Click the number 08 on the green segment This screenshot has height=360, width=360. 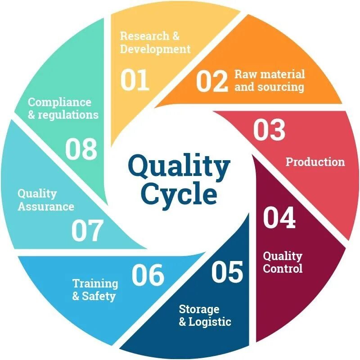pyautogui.click(x=81, y=149)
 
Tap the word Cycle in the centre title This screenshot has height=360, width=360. pyautogui.click(x=179, y=194)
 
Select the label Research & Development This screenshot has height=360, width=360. pyautogui.click(x=155, y=42)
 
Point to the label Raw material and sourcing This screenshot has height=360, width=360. pyautogui.click(x=270, y=80)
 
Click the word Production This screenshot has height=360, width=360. pyautogui.click(x=315, y=162)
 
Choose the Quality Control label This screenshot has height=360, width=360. pyautogui.click(x=283, y=262)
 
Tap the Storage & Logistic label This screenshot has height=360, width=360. pyautogui.click(x=205, y=315)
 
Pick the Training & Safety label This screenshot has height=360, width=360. pyautogui.click(x=95, y=290)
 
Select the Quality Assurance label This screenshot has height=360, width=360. pyautogui.click(x=45, y=200)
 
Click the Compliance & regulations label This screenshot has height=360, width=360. pyautogui.click(x=63, y=108)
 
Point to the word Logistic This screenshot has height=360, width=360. pyautogui.click(x=210, y=322)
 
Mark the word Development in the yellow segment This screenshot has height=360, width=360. pyautogui.click(x=155, y=49)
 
